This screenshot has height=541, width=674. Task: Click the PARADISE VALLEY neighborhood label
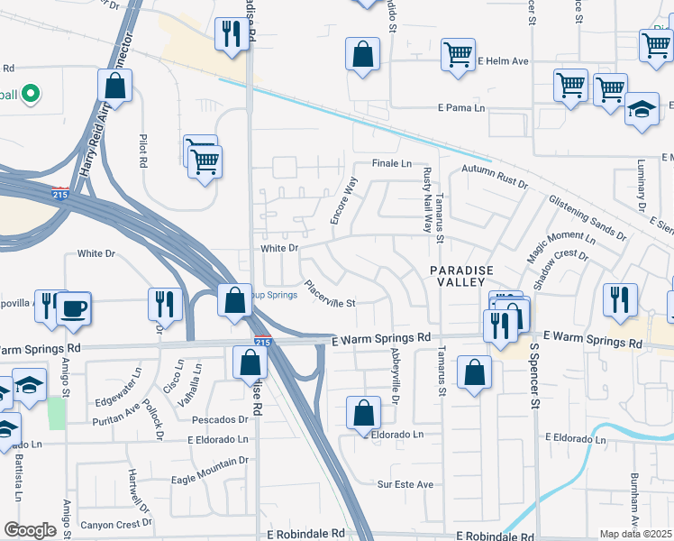464,277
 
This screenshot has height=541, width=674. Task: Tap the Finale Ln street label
392,164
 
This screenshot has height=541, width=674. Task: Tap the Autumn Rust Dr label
494,175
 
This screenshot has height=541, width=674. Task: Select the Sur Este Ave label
405,484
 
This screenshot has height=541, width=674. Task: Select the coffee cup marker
72,307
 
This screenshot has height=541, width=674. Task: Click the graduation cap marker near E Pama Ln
642,110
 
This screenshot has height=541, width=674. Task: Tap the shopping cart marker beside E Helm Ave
458,55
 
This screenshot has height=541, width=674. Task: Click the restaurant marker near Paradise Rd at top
232,34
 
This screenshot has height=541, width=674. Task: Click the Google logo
30,530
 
